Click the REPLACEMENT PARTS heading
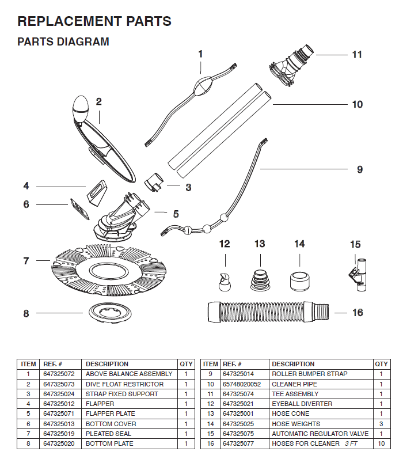coord(94,21)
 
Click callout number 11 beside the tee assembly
coord(357,55)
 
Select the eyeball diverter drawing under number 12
coord(225,280)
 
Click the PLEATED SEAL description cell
coord(109,434)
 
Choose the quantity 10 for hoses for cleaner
coord(381,443)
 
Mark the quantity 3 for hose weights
coord(381,424)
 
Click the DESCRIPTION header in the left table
coord(107,364)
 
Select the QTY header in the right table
coord(381,364)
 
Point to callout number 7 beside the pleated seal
coord(26,261)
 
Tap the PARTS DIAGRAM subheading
coord(63,42)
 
